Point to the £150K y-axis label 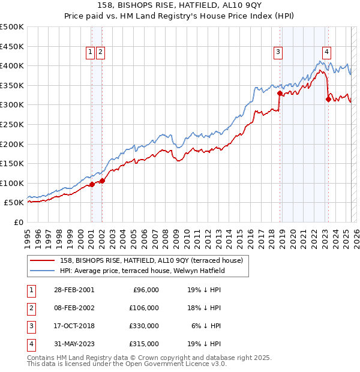pos(12,163)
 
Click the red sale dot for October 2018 pos(280,94)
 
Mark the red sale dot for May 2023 pos(328,99)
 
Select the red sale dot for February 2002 pos(102,181)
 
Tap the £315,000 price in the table pos(144,344)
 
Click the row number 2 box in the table pos(30,308)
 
